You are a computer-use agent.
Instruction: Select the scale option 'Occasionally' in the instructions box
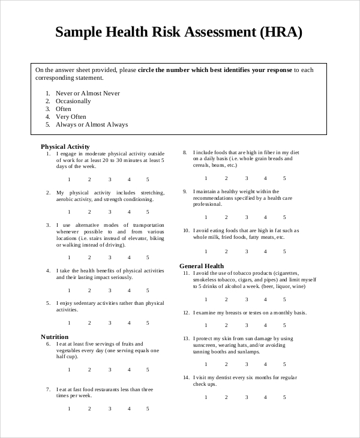[x=73, y=101]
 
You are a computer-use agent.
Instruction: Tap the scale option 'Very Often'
[x=71, y=117]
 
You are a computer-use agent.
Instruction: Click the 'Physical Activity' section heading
[x=65, y=146]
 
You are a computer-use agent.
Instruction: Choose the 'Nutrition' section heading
[x=55, y=337]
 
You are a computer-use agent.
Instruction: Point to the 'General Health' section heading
[x=202, y=266]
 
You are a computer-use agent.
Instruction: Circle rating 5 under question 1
[x=148, y=179]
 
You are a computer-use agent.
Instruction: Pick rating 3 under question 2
[x=109, y=212]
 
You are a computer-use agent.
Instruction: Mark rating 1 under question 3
[x=69, y=257]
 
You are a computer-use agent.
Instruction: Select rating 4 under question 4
[x=128, y=290]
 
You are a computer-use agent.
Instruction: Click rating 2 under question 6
[x=89, y=370]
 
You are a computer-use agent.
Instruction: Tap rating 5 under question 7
[x=148, y=409]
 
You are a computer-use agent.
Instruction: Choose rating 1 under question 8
[x=206, y=178]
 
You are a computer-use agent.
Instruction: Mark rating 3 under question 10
[x=245, y=251]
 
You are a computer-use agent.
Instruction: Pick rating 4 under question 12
[x=265, y=325]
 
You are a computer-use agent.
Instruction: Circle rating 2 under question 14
[x=226, y=397]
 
